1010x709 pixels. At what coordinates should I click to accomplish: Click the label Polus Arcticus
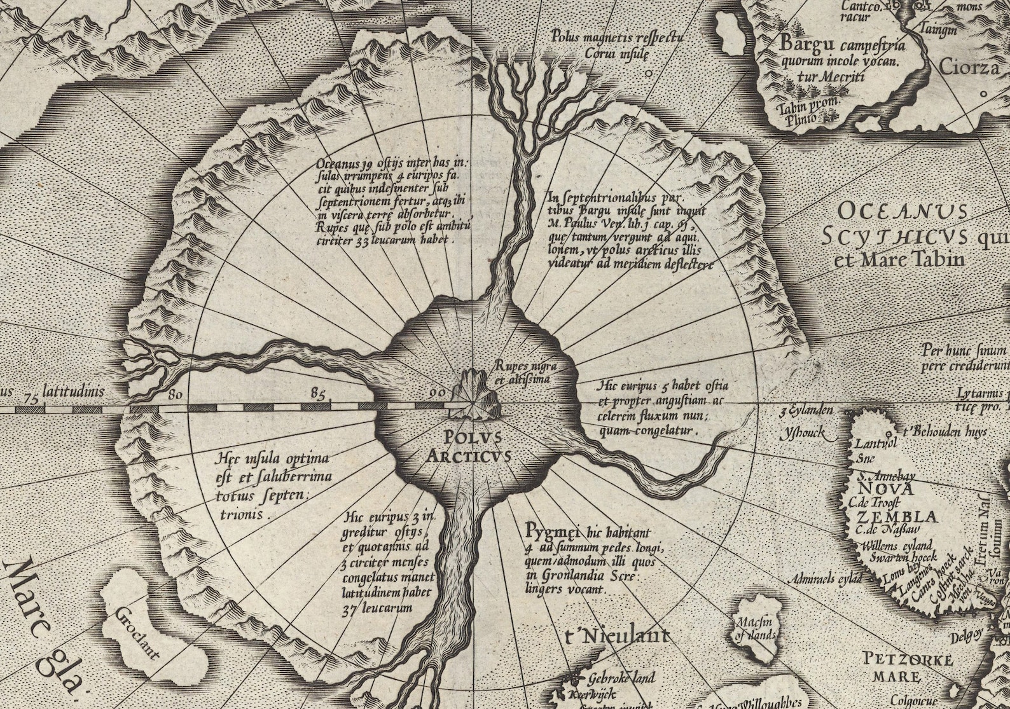pyautogui.click(x=473, y=446)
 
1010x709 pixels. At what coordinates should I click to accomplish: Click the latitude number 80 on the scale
pyautogui.click(x=176, y=394)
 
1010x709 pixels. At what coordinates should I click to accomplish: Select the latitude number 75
pyautogui.click(x=27, y=397)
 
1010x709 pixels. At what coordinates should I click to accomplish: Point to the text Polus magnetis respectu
pyautogui.click(x=618, y=36)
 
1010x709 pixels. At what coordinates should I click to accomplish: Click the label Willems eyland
pyautogui.click(x=897, y=546)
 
